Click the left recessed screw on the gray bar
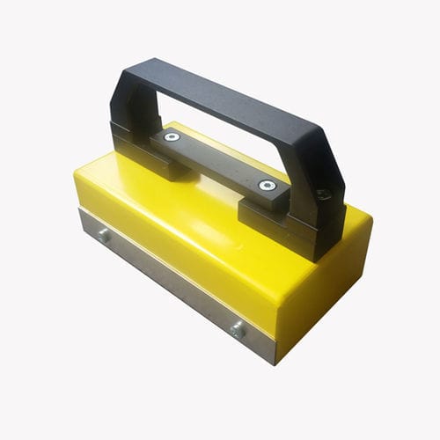pos(171,137)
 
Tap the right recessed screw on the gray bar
pos(266,185)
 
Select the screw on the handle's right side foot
pos(323,194)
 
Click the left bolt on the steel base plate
pos(104,235)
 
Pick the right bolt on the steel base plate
pos(237,330)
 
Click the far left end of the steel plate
pos(82,220)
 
